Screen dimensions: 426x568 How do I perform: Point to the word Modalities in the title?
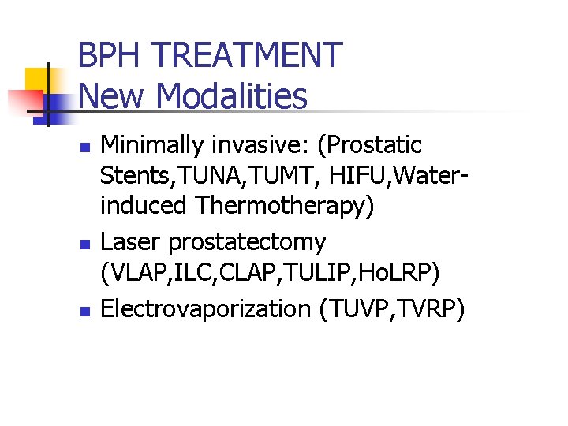coord(232,97)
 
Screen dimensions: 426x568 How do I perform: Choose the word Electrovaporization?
coord(206,309)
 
